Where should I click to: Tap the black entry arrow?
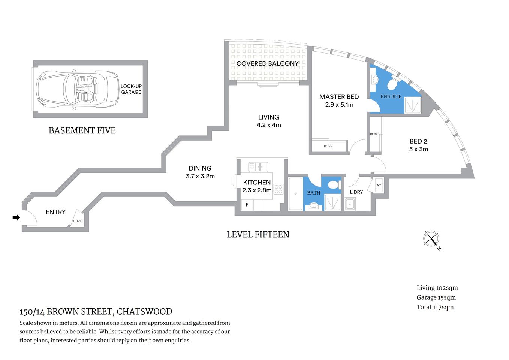pos(16,217)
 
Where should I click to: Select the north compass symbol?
pos(431,238)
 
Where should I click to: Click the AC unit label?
pos(379,185)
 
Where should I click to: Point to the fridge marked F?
pos(247,205)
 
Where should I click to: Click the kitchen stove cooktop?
pos(278,189)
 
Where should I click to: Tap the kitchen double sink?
pos(258,166)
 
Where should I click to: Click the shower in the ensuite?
pos(412,105)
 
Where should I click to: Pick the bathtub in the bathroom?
pos(295,193)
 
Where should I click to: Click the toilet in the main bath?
pos(333,185)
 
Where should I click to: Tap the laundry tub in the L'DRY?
pos(350,204)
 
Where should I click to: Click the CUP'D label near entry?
pos(78,221)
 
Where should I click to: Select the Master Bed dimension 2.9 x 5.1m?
pos(339,105)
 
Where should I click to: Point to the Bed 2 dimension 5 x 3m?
pos(418,149)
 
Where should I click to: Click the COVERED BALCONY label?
pos(268,63)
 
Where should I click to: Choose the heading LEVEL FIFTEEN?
pos(258,235)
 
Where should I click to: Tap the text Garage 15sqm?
pos(436,297)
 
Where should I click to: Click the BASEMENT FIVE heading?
pos(82,130)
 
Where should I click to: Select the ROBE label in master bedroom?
pos(328,146)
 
